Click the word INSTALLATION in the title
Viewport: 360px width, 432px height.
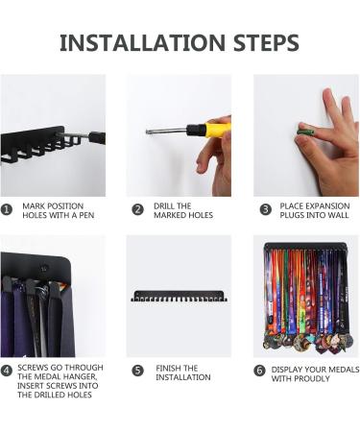[x=142, y=42]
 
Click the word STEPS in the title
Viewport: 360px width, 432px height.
[x=266, y=42]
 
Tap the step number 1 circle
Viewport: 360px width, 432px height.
[x=7, y=210]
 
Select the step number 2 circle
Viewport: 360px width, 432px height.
[x=137, y=210]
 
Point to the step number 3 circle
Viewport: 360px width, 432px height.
[x=265, y=210]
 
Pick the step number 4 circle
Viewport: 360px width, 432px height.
[x=7, y=371]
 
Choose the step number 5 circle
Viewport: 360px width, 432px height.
[x=137, y=371]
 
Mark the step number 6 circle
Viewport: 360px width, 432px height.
[x=259, y=371]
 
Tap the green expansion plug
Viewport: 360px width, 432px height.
[x=305, y=131]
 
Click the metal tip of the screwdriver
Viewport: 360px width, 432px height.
[x=148, y=132]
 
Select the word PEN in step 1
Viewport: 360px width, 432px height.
[x=86, y=215]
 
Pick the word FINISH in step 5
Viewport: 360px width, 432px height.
[x=167, y=368]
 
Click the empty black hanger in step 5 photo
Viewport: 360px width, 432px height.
[x=180, y=296]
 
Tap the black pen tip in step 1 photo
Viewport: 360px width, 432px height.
[x=97, y=137]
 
